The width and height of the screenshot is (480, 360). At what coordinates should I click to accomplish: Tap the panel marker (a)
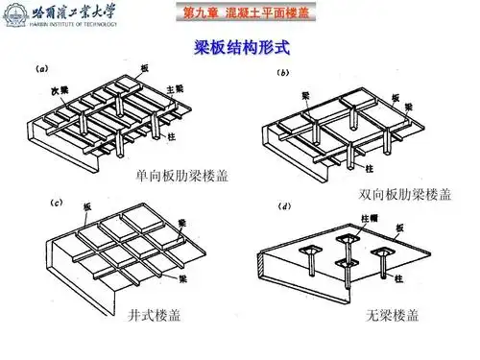[44, 68]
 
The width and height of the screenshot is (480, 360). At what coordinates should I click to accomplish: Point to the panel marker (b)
[284, 74]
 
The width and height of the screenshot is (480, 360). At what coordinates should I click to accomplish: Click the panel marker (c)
[56, 204]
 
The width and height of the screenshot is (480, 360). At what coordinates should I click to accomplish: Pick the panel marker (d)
[286, 204]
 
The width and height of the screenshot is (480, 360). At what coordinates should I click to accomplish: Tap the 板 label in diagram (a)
[144, 68]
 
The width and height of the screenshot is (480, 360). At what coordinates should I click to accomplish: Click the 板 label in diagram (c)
[86, 207]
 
